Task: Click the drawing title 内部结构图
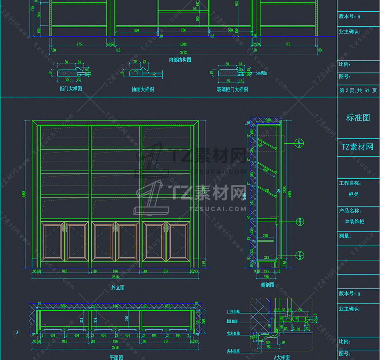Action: click(180, 60)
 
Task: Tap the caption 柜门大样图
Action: click(70, 89)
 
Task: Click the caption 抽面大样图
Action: click(142, 89)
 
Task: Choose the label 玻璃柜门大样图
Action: click(232, 89)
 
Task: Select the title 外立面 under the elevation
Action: click(118, 288)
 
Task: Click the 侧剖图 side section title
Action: click(267, 284)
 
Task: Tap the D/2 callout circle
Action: click(299, 142)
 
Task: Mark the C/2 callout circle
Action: click(299, 254)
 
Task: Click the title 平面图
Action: click(116, 357)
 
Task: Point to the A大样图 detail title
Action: click(281, 357)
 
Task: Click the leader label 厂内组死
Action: click(233, 311)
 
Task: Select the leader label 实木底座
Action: click(233, 351)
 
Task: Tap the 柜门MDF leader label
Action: click(233, 321)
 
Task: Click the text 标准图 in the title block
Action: click(358, 118)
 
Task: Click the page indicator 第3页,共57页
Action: click(358, 90)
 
